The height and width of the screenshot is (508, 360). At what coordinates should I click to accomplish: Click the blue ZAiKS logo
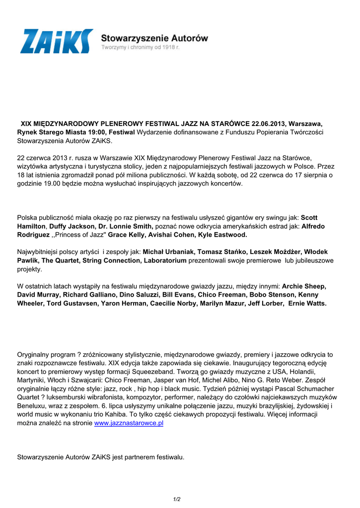(x=56, y=41)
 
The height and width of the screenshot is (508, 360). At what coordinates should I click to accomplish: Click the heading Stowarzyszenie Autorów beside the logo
(x=154, y=38)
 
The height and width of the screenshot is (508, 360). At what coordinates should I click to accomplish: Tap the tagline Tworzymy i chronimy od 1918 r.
(x=140, y=47)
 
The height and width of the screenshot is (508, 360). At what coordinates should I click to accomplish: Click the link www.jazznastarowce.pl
(x=129, y=423)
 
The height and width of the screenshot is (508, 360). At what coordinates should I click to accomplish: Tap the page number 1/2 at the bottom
(x=177, y=499)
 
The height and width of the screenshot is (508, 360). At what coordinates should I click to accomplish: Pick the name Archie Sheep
(x=304, y=286)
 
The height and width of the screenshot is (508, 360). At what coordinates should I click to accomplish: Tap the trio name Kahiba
(x=138, y=414)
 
